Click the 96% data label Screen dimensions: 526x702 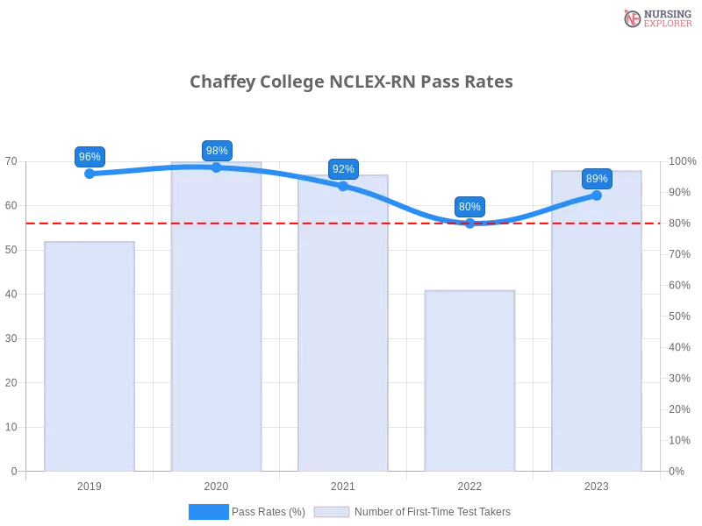[90, 157]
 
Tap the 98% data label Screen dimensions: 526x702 [216, 151]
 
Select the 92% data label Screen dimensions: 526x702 [343, 168]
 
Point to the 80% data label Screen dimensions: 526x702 [469, 207]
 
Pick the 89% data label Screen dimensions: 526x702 [597, 179]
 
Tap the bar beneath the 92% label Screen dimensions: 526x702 [344, 324]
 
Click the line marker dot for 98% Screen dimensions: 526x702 [217, 167]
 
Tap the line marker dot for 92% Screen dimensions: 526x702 [343, 186]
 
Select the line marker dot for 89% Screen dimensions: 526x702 [597, 195]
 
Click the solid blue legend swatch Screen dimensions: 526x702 [209, 511]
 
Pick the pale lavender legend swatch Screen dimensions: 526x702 [332, 511]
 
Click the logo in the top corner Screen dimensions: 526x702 [655, 18]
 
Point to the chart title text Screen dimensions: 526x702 [354, 82]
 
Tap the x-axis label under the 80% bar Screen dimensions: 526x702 [470, 484]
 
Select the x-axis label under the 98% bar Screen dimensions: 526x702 [217, 484]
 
